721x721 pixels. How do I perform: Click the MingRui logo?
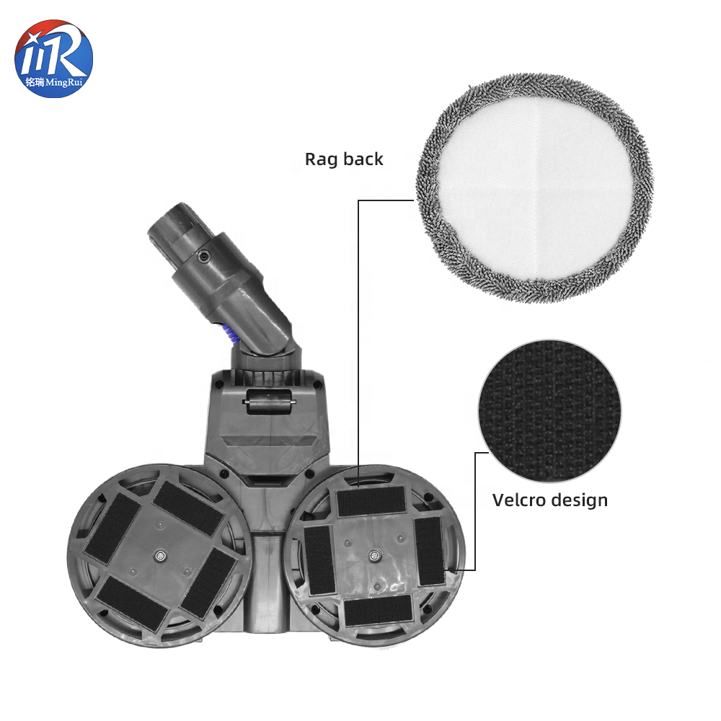pyautogui.click(x=54, y=59)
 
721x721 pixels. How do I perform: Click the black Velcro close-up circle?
pyautogui.click(x=549, y=411)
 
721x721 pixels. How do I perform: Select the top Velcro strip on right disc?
pyautogui.click(x=371, y=500)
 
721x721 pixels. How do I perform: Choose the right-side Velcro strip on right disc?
pyautogui.click(x=429, y=552)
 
